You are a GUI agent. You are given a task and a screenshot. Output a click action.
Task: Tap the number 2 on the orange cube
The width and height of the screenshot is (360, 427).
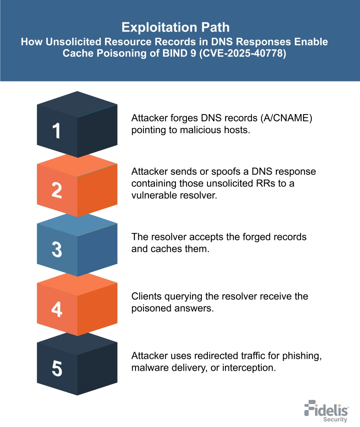57,191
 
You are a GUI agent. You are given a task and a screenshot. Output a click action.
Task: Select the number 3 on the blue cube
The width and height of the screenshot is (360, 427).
57,250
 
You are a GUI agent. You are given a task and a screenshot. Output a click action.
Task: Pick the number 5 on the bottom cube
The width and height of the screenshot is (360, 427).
57,368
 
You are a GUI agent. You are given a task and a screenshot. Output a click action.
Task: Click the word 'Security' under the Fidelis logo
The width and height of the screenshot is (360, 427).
335,419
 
